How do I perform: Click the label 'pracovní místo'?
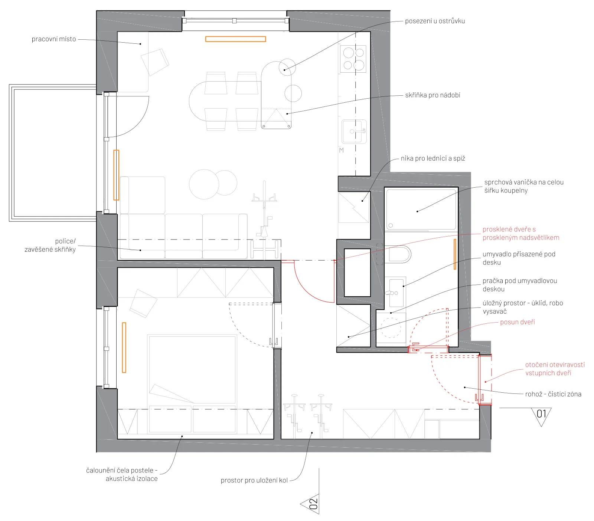pyautogui.click(x=54, y=39)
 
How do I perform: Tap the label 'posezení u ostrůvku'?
pyautogui.click(x=435, y=21)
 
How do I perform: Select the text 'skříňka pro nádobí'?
pyautogui.click(x=433, y=95)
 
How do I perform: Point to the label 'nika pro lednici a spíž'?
pyautogui.click(x=433, y=158)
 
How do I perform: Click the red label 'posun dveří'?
pyautogui.click(x=518, y=322)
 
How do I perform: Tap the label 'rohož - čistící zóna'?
pyautogui.click(x=553, y=394)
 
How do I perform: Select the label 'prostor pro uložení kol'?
pyautogui.click(x=254, y=480)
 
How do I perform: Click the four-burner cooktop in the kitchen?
pyautogui.click(x=353, y=59)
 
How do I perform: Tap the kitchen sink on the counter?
pyautogui.click(x=354, y=131)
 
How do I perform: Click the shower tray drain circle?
pyautogui.click(x=391, y=225)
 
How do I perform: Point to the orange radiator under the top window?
pyautogui.click(x=236, y=39)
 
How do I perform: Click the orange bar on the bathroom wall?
pyautogui.click(x=455, y=254)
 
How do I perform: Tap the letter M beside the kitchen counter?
pyautogui.click(x=342, y=150)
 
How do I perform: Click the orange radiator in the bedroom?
pyautogui.click(x=124, y=347)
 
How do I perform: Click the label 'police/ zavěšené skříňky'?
pyautogui.click(x=50, y=245)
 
